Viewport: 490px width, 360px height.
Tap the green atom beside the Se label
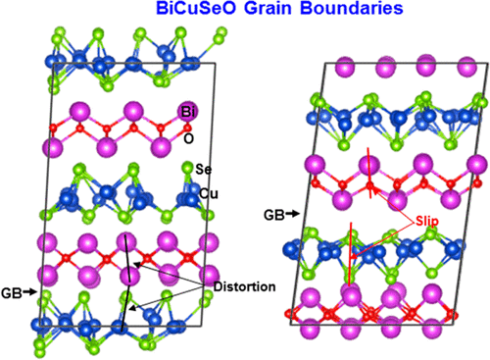coord(186,176)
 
